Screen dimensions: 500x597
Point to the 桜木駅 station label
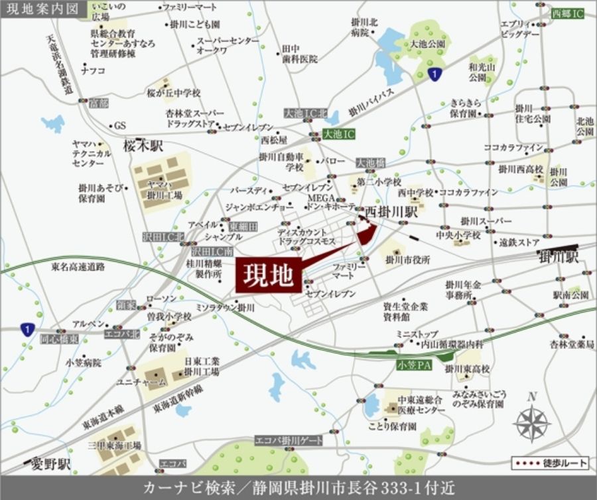pos(143,146)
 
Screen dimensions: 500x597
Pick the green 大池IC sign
pos(340,134)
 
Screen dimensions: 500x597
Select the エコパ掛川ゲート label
pos(289,441)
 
